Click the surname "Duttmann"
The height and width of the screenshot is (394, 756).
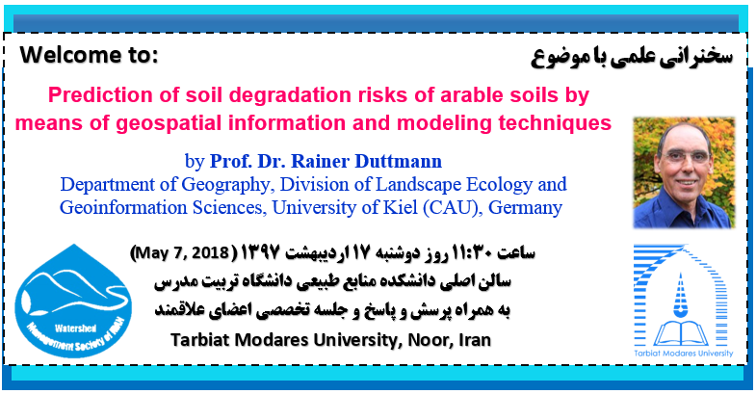tap(399, 161)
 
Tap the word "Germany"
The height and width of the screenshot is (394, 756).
tap(526, 208)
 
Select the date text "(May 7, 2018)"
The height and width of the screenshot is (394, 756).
tap(182, 252)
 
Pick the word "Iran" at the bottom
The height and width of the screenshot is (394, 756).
tap(475, 340)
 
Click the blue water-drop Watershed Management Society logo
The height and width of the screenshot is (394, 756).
tap(73, 301)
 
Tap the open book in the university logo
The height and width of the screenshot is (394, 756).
tap(681, 333)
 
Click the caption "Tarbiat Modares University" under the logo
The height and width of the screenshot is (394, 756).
tap(683, 353)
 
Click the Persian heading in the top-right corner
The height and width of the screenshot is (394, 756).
tap(632, 58)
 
